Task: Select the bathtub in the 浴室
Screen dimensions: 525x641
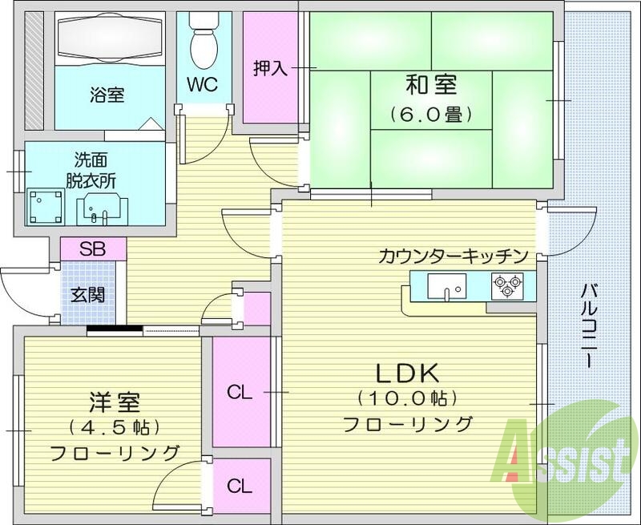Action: [111, 38]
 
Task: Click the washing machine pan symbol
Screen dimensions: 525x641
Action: [45, 204]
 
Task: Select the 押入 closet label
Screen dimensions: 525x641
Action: [270, 68]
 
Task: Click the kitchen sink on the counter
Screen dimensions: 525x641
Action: [445, 285]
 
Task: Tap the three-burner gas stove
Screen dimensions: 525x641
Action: [506, 285]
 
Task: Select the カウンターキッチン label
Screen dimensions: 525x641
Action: [453, 256]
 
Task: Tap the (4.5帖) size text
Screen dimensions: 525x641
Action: [111, 426]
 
